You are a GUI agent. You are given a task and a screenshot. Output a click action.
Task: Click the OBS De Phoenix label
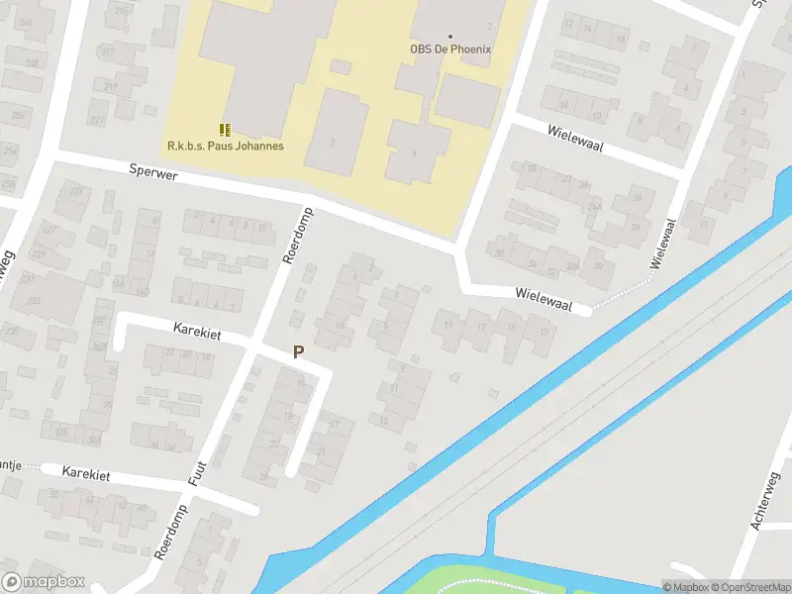(x=450, y=49)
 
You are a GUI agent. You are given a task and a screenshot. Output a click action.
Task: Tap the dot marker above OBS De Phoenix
(x=450, y=36)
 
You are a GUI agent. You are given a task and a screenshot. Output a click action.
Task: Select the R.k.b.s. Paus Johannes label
(x=226, y=147)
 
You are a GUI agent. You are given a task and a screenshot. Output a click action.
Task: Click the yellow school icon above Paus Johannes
(x=226, y=129)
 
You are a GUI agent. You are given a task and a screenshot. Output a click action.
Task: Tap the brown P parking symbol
(x=298, y=351)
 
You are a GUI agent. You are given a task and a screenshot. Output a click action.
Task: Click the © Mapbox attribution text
(x=685, y=587)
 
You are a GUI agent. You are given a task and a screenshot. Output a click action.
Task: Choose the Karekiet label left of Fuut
(x=85, y=474)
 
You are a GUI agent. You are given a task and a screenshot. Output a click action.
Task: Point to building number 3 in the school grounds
(x=332, y=143)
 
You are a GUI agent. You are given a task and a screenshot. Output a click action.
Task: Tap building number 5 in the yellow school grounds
(x=414, y=153)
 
